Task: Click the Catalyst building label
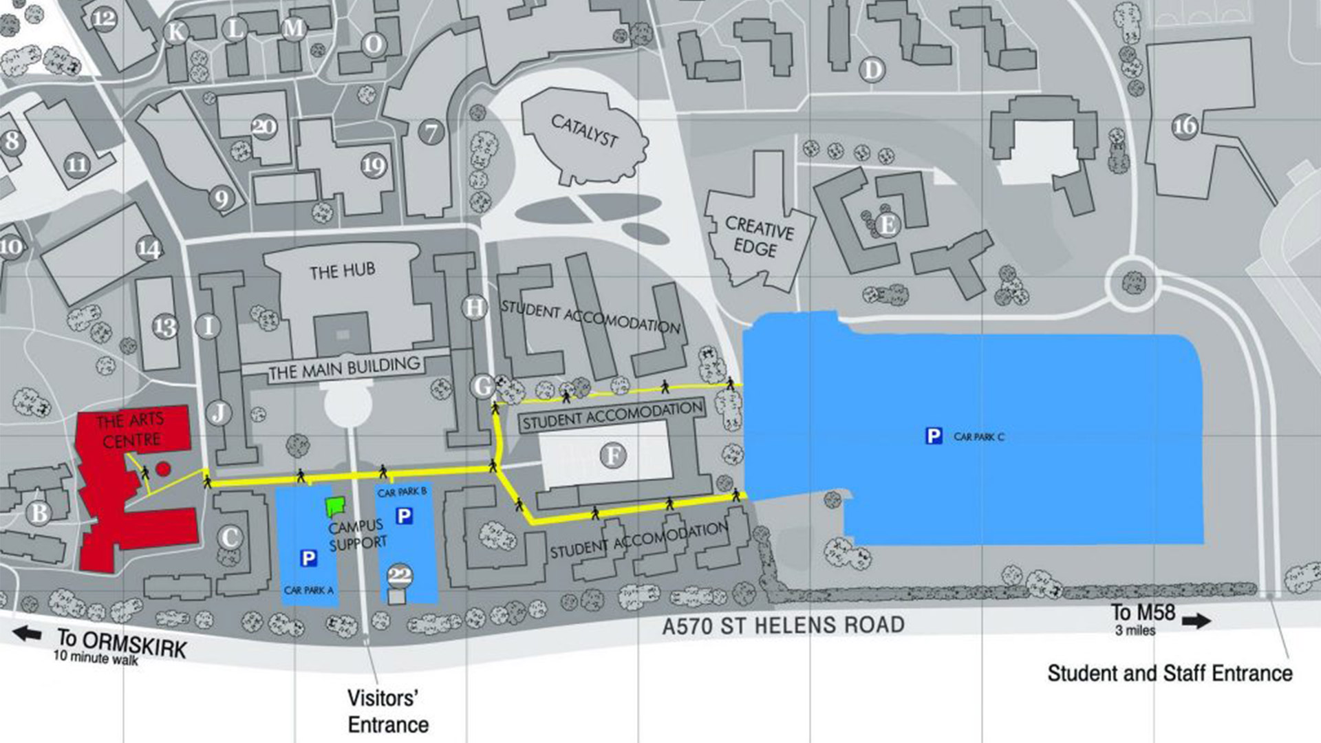coord(584,130)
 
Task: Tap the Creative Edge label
coord(759,237)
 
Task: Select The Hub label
coord(342,270)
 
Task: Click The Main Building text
coord(344,368)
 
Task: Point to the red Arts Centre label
coord(131,429)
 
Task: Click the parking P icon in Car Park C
coord(934,435)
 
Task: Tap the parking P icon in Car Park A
coord(309,558)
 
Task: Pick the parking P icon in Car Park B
coord(405,515)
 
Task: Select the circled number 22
coord(400,575)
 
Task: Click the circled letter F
coord(612,455)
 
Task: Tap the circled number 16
coord(1185,126)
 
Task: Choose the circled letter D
coord(872,69)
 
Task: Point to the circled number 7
coord(431,131)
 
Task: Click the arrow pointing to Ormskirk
coord(28,633)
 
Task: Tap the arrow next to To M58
coord(1196,621)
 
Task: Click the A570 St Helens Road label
coord(783,625)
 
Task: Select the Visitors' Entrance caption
coord(387,711)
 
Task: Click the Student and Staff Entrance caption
coord(1170,673)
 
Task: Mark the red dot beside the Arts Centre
coord(163,469)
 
